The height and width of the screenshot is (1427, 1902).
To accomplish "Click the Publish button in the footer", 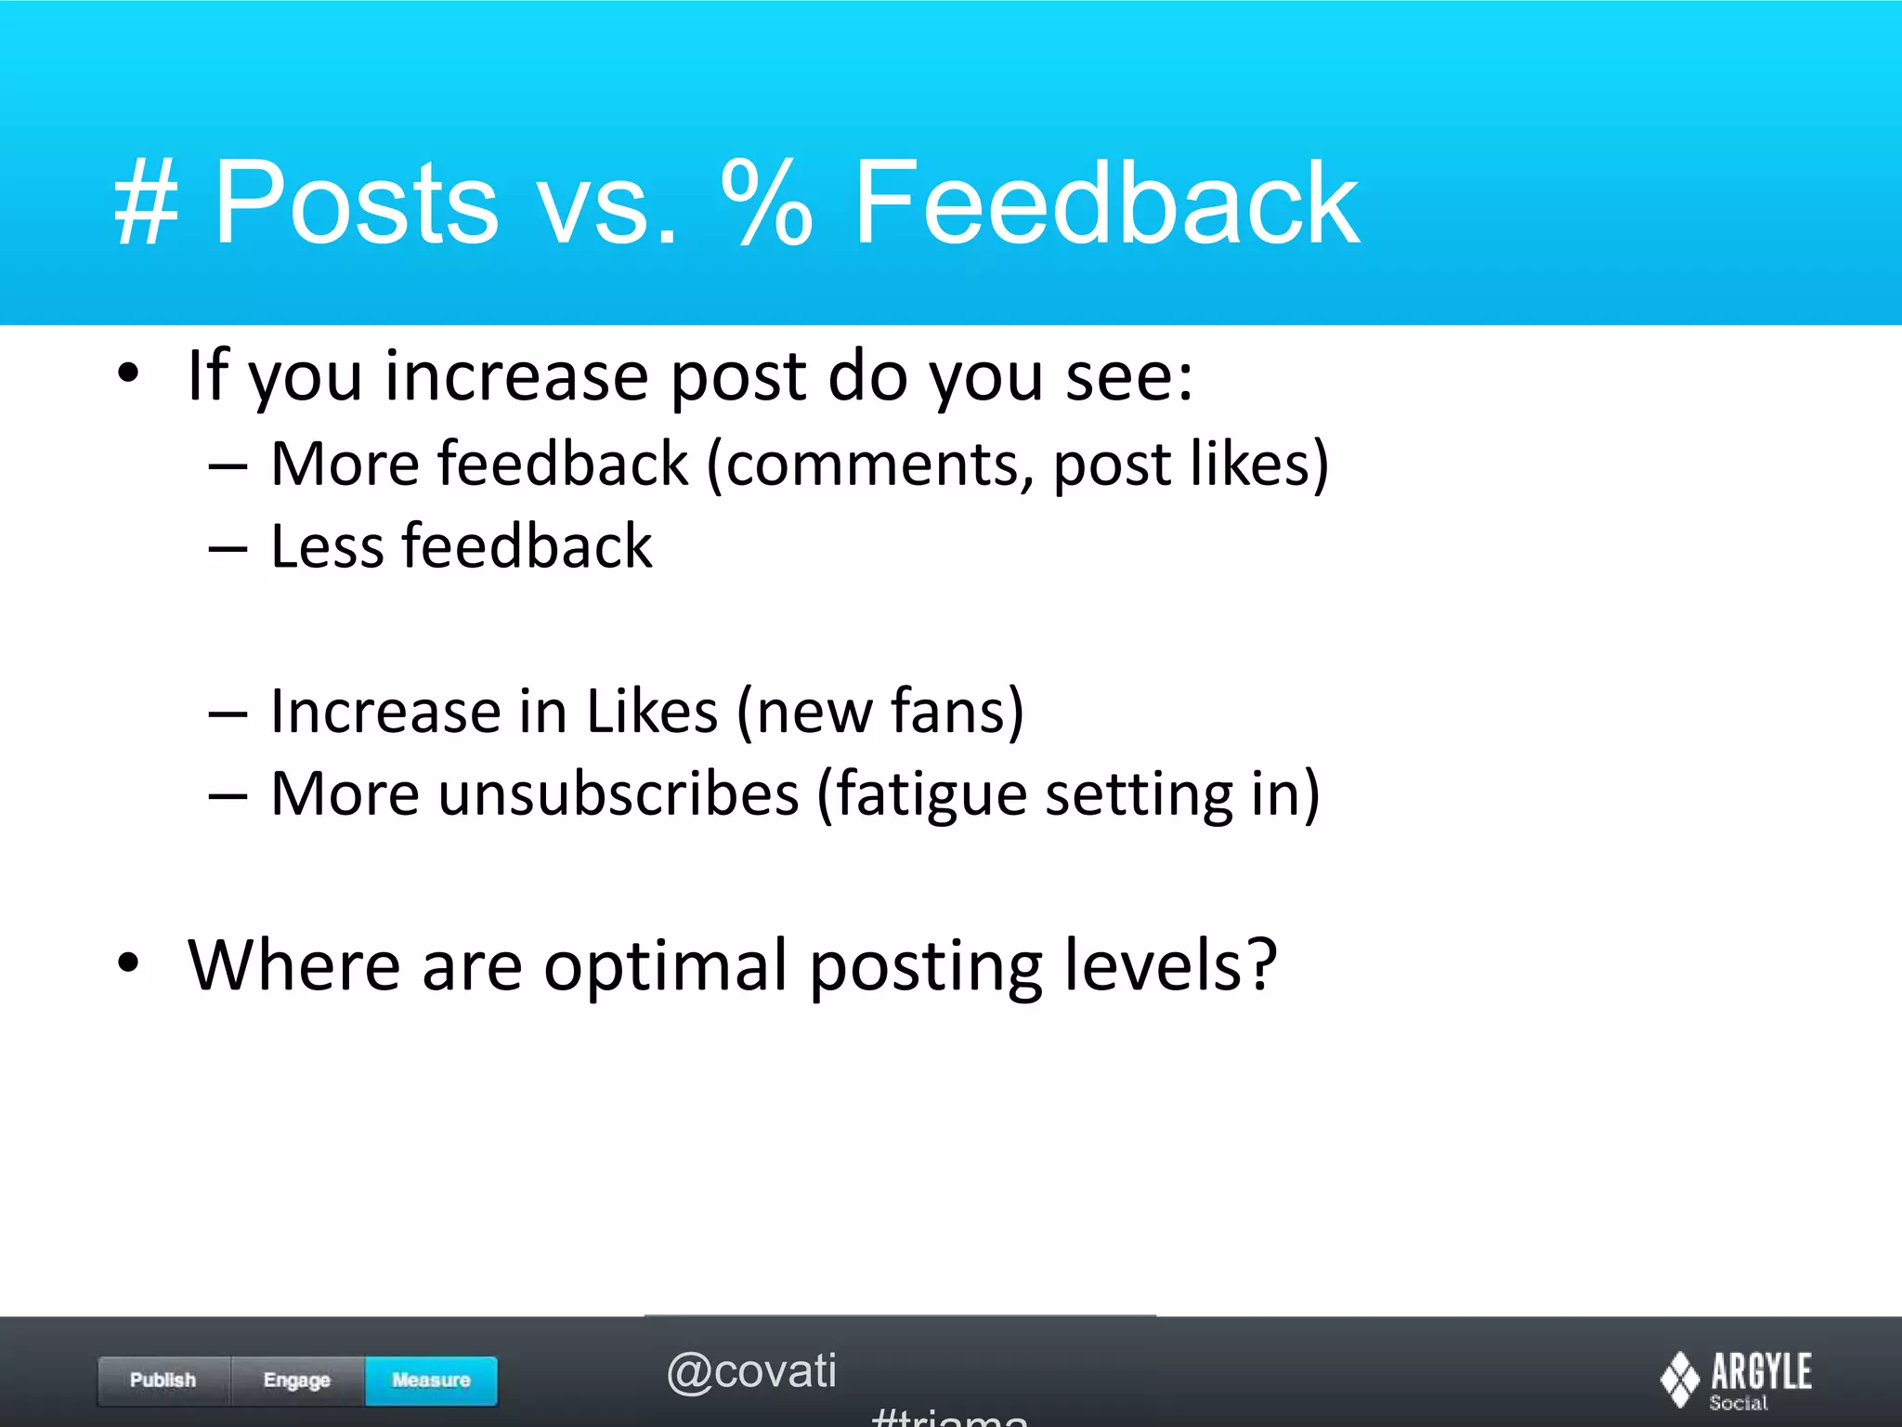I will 163,1381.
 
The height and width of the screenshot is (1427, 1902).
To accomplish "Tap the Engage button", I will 297,1381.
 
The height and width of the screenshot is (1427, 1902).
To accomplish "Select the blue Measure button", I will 431,1381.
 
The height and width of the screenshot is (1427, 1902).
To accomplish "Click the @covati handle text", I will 751,1371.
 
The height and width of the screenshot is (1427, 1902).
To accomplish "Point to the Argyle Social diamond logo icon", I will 1679,1380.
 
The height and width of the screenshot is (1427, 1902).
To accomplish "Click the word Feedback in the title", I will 1105,203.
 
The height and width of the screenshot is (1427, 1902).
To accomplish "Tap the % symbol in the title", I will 767,203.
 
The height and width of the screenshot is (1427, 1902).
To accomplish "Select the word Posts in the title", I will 357,203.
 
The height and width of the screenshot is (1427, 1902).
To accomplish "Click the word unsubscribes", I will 619,795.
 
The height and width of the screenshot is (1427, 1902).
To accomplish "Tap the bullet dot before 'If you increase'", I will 128,374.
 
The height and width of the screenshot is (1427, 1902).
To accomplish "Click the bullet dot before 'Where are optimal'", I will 128,963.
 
